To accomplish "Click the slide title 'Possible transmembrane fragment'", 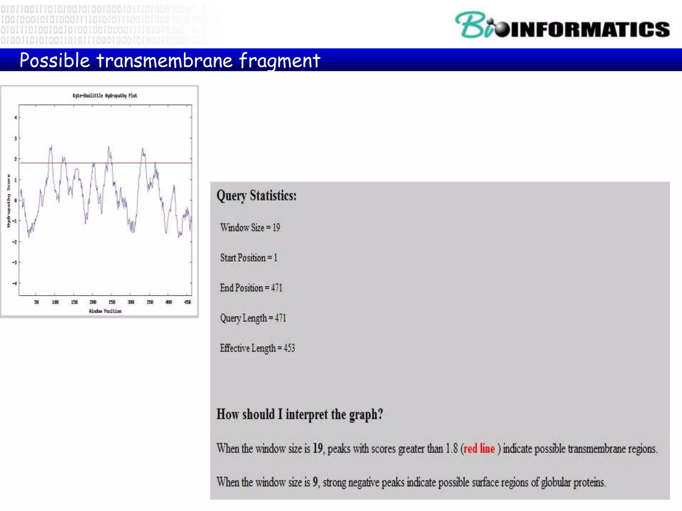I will click(170, 61).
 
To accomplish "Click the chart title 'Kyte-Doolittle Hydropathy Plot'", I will click(105, 96).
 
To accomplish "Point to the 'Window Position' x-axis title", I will click(105, 311).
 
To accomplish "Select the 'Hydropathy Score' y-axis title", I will click(9, 201).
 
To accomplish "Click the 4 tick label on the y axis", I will click(15, 117).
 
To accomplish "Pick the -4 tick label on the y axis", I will click(15, 283).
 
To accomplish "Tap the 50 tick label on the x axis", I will click(36, 302).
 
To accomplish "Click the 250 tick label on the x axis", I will click(112, 302).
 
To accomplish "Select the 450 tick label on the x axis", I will click(188, 302).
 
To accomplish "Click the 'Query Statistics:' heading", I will click(256, 196).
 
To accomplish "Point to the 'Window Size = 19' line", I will click(250, 228).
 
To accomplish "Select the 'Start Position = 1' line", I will click(249, 258).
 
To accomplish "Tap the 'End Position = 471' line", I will click(251, 288).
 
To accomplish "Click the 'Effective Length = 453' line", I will click(257, 348).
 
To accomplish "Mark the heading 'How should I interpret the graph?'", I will click(300, 415).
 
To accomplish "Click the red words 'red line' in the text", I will click(479, 449).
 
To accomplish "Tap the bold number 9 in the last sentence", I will click(315, 482).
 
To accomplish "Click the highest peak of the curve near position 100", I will click(51, 146).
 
